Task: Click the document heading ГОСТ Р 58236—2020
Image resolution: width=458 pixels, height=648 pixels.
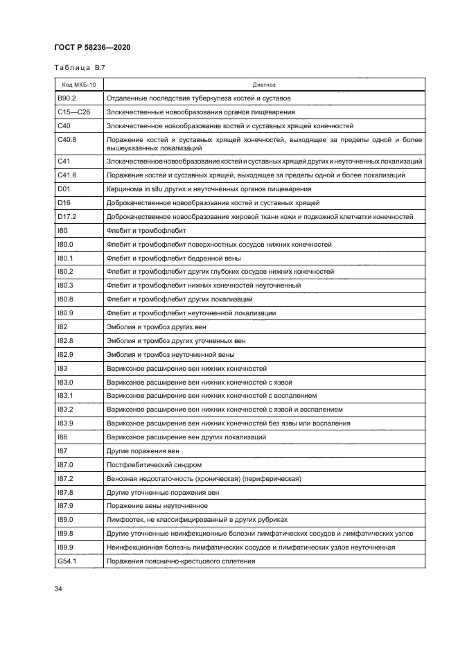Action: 92,47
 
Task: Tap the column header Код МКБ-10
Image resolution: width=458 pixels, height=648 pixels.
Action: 78,84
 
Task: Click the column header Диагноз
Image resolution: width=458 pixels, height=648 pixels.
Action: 264,84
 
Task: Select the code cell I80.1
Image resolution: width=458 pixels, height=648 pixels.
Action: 64,258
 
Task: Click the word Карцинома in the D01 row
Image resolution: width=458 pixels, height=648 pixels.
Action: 123,189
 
